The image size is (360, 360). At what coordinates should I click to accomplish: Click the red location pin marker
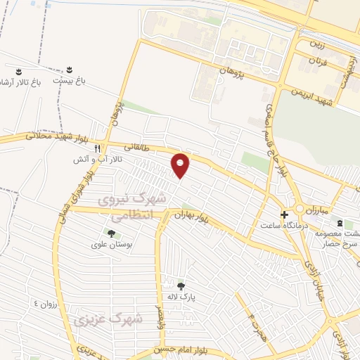point(181,165)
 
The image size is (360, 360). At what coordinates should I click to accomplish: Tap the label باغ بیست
point(71,82)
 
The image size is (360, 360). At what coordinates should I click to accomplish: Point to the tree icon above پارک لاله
point(181,285)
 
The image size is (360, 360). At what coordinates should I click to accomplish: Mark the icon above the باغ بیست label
point(70,70)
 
